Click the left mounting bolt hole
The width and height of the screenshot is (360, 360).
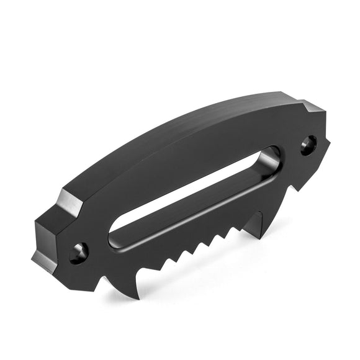pyautogui.click(x=79, y=253)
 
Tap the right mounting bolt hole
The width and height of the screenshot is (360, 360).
pyautogui.click(x=308, y=146)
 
